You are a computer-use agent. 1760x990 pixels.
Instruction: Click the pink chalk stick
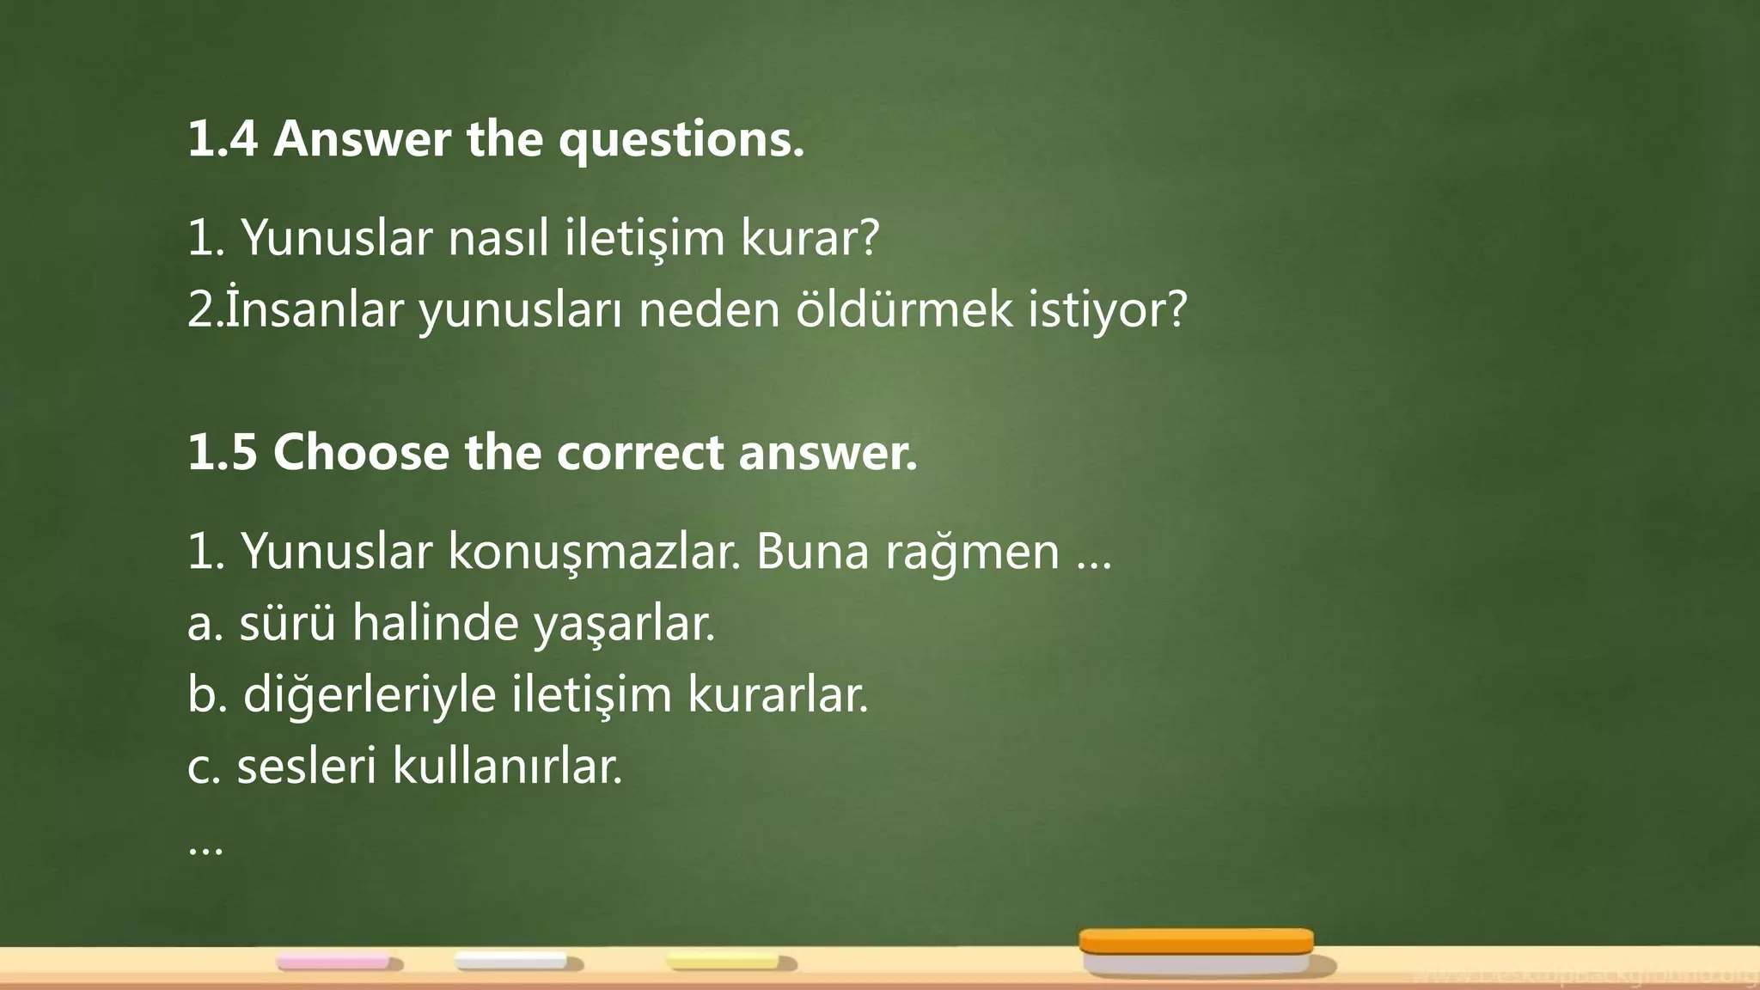coord(333,962)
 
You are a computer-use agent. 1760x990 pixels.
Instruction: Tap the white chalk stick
coord(510,961)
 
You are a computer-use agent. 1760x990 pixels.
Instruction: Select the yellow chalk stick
coord(724,961)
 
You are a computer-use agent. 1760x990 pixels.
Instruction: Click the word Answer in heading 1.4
coord(362,139)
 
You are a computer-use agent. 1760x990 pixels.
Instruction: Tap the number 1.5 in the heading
coord(223,452)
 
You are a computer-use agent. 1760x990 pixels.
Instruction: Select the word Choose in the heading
coord(361,452)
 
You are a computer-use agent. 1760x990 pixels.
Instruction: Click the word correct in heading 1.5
coord(640,454)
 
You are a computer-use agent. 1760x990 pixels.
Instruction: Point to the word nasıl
coord(498,238)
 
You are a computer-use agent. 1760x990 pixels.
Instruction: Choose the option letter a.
coord(200,625)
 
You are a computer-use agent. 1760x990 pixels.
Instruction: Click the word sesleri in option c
coord(307,766)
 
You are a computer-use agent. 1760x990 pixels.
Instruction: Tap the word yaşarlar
coord(625,625)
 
